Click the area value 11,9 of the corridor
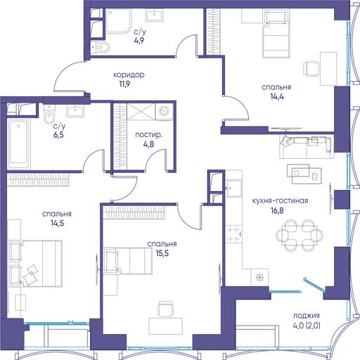click(x=124, y=84)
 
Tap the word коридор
click(x=129, y=75)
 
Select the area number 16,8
click(x=277, y=210)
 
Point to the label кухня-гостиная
click(x=280, y=201)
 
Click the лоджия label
click(x=307, y=316)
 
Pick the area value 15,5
click(x=162, y=253)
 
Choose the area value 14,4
click(x=277, y=96)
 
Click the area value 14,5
click(x=57, y=223)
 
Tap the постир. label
click(x=148, y=135)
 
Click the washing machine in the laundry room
click(x=164, y=111)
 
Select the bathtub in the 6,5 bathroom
click(x=19, y=143)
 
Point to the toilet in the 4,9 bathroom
click(x=101, y=48)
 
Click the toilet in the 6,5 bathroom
click(x=49, y=114)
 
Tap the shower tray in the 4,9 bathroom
click(x=118, y=21)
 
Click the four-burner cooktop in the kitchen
click(x=234, y=234)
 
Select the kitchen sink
click(x=234, y=188)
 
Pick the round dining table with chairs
click(x=300, y=235)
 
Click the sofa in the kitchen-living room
click(x=307, y=146)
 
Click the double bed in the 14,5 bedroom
click(x=35, y=264)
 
